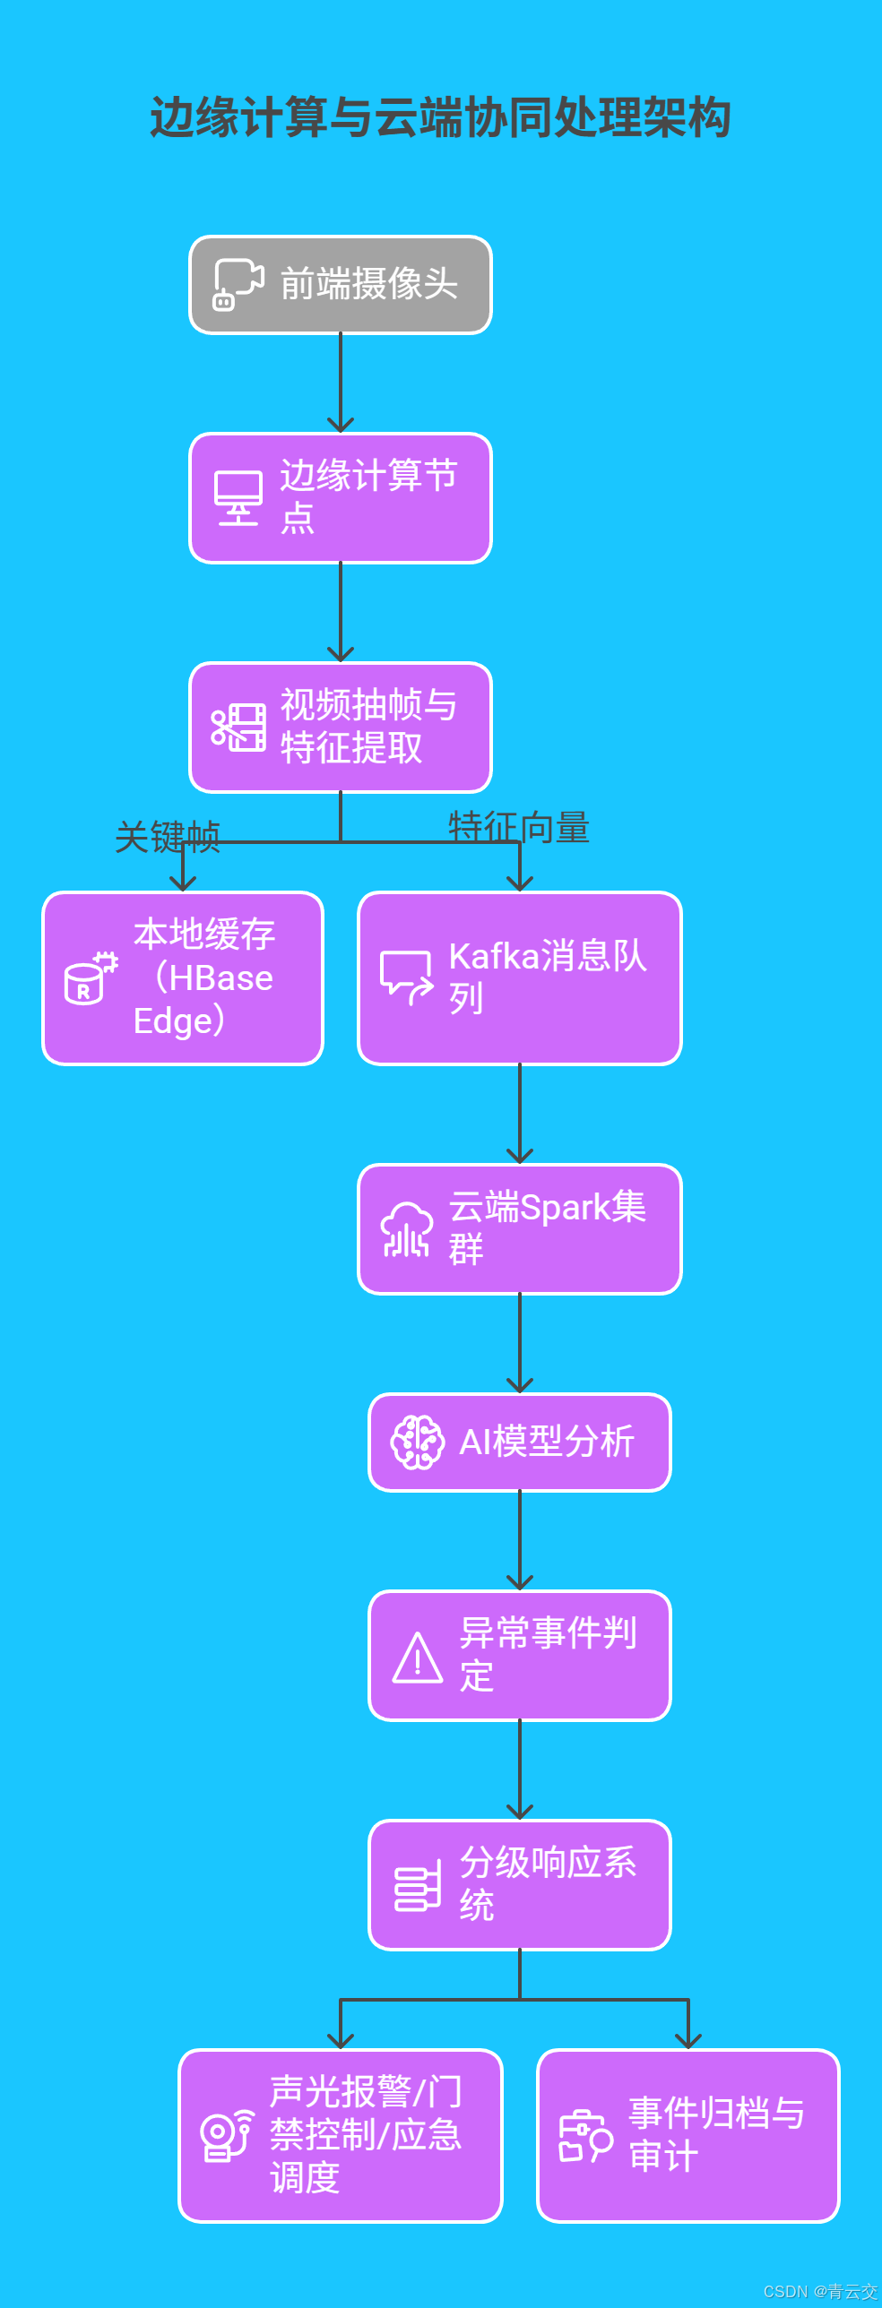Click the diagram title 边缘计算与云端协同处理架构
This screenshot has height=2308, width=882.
(x=440, y=117)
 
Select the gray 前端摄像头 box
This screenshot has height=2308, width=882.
(x=341, y=285)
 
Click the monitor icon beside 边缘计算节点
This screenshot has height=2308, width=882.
(x=238, y=498)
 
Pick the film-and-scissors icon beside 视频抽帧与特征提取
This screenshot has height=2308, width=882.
(x=238, y=727)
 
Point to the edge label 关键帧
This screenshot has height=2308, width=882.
(x=168, y=837)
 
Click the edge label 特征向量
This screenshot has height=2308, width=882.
(x=519, y=827)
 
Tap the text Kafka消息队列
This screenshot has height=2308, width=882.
(x=547, y=977)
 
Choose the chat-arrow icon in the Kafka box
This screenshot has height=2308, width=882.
(x=407, y=977)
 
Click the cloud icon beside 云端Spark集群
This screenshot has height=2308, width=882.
(x=407, y=1229)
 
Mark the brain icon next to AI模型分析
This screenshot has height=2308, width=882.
(x=417, y=1442)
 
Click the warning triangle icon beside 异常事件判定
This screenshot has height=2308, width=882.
(x=418, y=1658)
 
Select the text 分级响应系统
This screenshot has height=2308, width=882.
(x=547, y=1884)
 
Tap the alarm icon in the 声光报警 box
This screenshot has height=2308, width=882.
(x=227, y=2136)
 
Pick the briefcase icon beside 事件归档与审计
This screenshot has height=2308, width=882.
(x=585, y=2136)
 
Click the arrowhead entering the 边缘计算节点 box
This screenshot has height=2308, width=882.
(x=341, y=425)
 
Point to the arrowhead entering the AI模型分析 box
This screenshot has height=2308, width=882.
(x=520, y=1385)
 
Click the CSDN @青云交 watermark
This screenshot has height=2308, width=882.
(x=820, y=2291)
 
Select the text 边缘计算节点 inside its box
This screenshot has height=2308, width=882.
(x=368, y=497)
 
